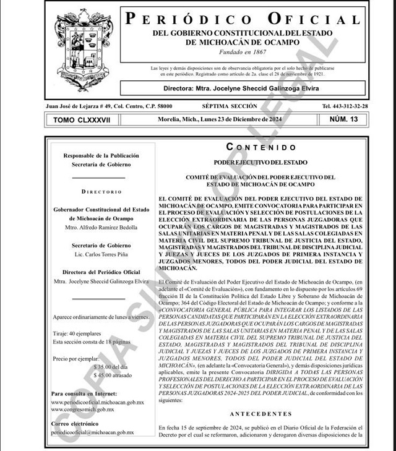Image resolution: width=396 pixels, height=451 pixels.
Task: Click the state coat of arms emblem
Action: pos(84,51)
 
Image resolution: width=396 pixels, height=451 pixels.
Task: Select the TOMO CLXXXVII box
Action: pos(82,120)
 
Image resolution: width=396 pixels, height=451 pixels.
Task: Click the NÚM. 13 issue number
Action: pos(344,119)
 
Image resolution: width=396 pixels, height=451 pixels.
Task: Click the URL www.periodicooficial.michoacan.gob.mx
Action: pos(98,402)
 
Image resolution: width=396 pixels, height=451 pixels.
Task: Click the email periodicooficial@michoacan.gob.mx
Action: pos(93,432)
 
